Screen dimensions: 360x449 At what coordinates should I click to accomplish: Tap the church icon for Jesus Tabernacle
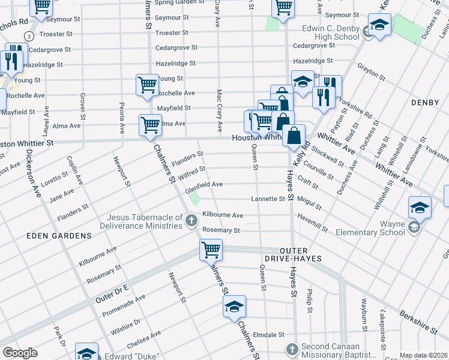coord(191,221)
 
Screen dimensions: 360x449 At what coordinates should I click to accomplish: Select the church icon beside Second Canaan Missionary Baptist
coord(292,349)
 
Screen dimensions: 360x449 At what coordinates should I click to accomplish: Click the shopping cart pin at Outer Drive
coord(211,249)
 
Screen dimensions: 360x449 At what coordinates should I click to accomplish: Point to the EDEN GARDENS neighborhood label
coord(59,236)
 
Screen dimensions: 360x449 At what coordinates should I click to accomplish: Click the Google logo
coord(20,353)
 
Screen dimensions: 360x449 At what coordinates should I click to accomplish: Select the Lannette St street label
coord(268,199)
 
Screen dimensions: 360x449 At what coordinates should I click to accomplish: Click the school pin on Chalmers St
coord(235,307)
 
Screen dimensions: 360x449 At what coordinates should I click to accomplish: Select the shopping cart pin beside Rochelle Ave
coord(147,85)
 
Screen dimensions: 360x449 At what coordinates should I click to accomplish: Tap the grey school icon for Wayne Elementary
coord(414,227)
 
